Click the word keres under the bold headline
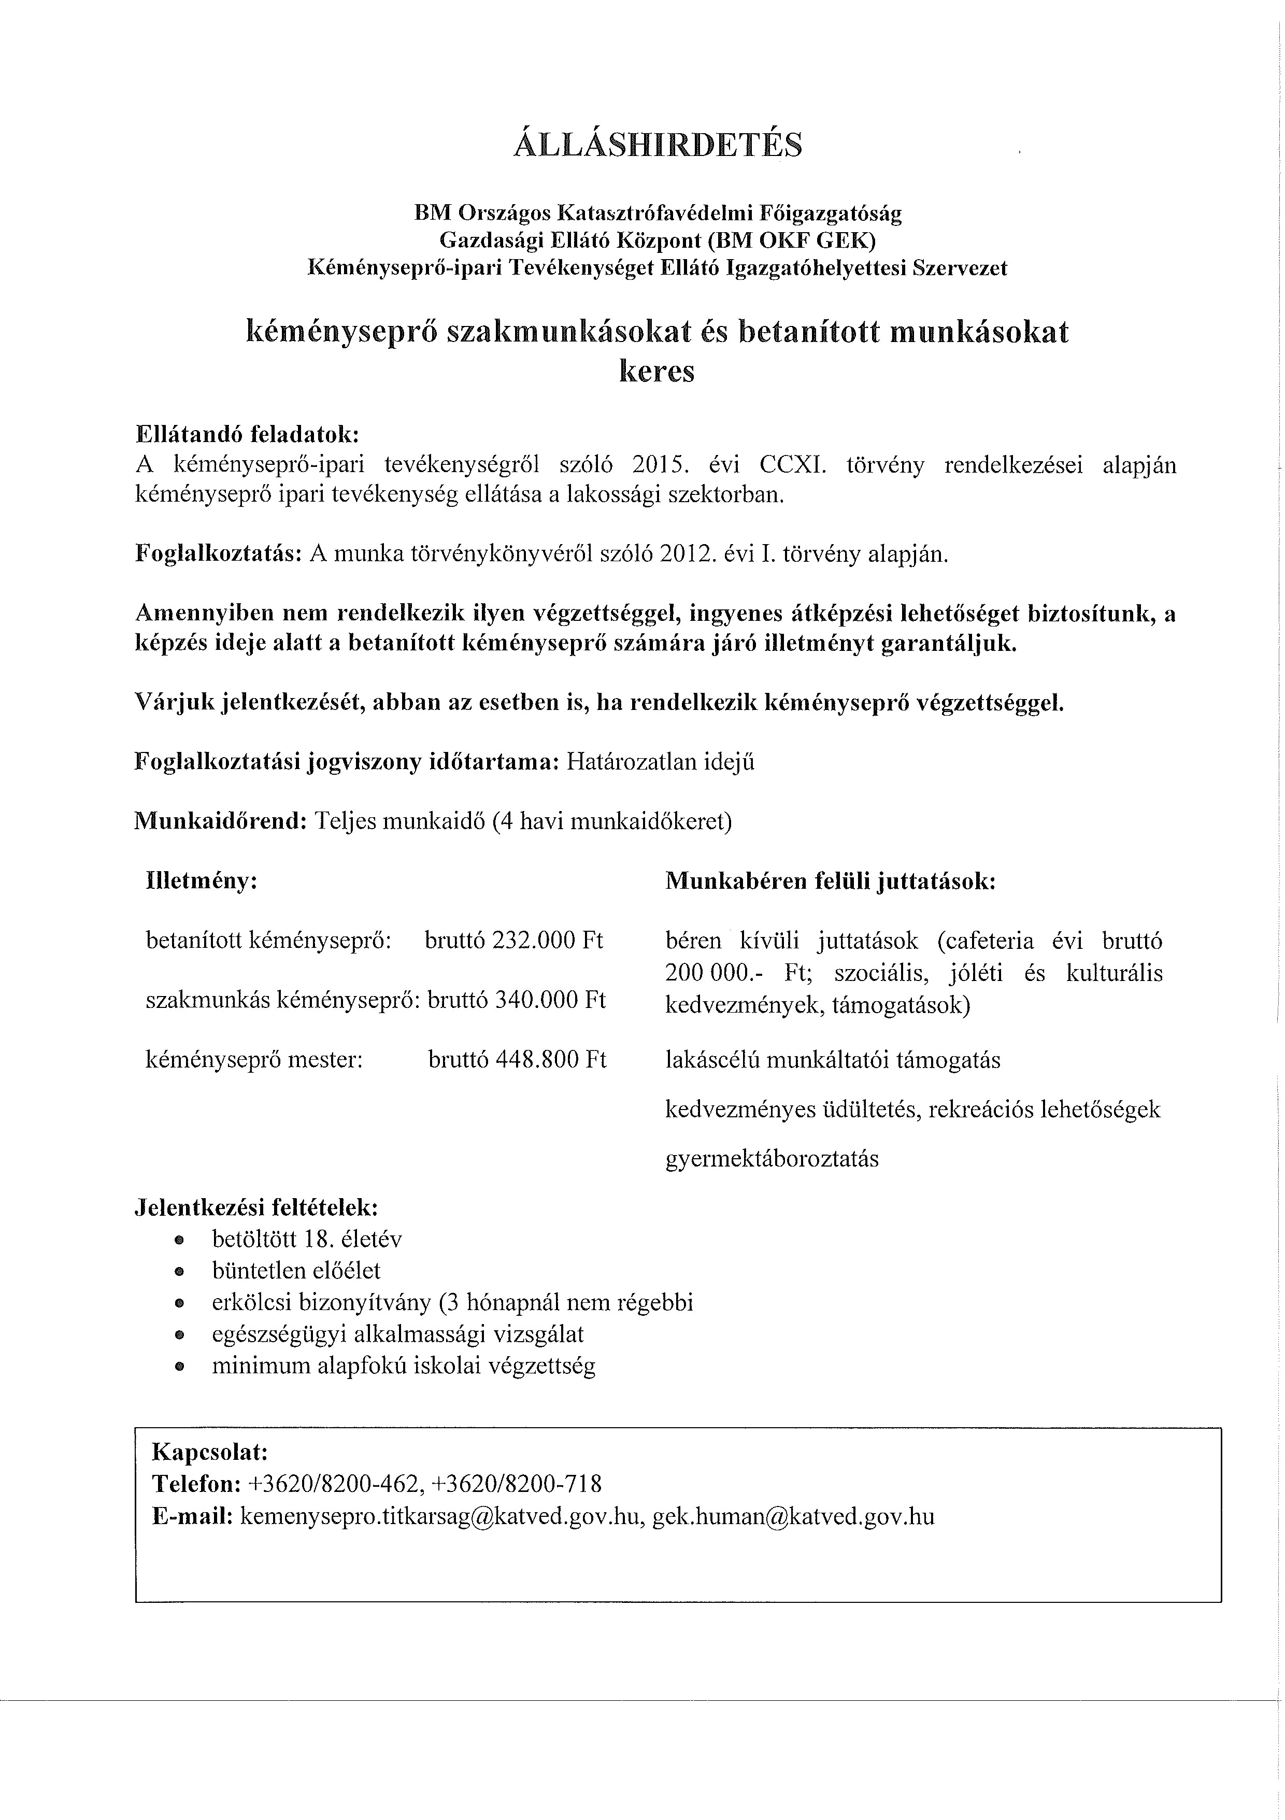tap(656, 371)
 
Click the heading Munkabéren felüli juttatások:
tap(830, 881)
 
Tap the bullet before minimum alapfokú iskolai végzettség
tap(179, 1367)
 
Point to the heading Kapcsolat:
tap(210, 1452)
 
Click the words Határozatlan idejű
tap(662, 762)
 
